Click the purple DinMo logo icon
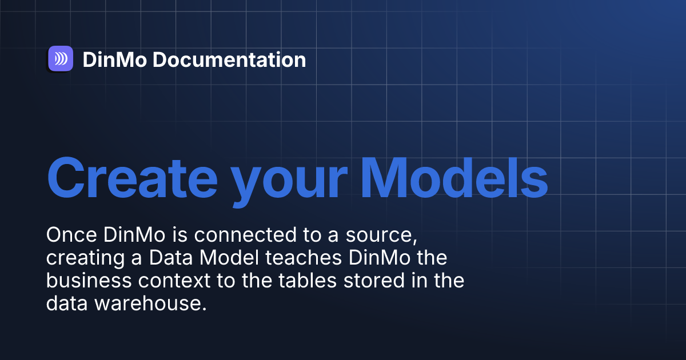(60, 58)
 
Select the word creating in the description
(82, 259)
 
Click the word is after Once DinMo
(151, 235)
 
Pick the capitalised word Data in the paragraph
(169, 258)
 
